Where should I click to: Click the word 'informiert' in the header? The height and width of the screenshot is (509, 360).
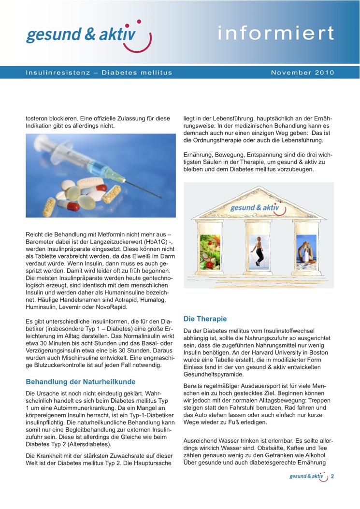tap(275, 33)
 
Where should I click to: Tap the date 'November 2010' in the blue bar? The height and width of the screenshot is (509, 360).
tap(302, 73)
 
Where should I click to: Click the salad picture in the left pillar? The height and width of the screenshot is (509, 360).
tap(209, 252)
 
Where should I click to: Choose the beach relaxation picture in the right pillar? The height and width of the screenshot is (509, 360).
tap(306, 251)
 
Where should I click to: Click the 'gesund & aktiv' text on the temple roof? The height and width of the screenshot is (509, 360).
tap(255, 207)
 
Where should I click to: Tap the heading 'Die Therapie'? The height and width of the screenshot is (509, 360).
tap(205, 319)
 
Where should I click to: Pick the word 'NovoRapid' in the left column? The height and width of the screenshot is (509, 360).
tap(111, 307)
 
